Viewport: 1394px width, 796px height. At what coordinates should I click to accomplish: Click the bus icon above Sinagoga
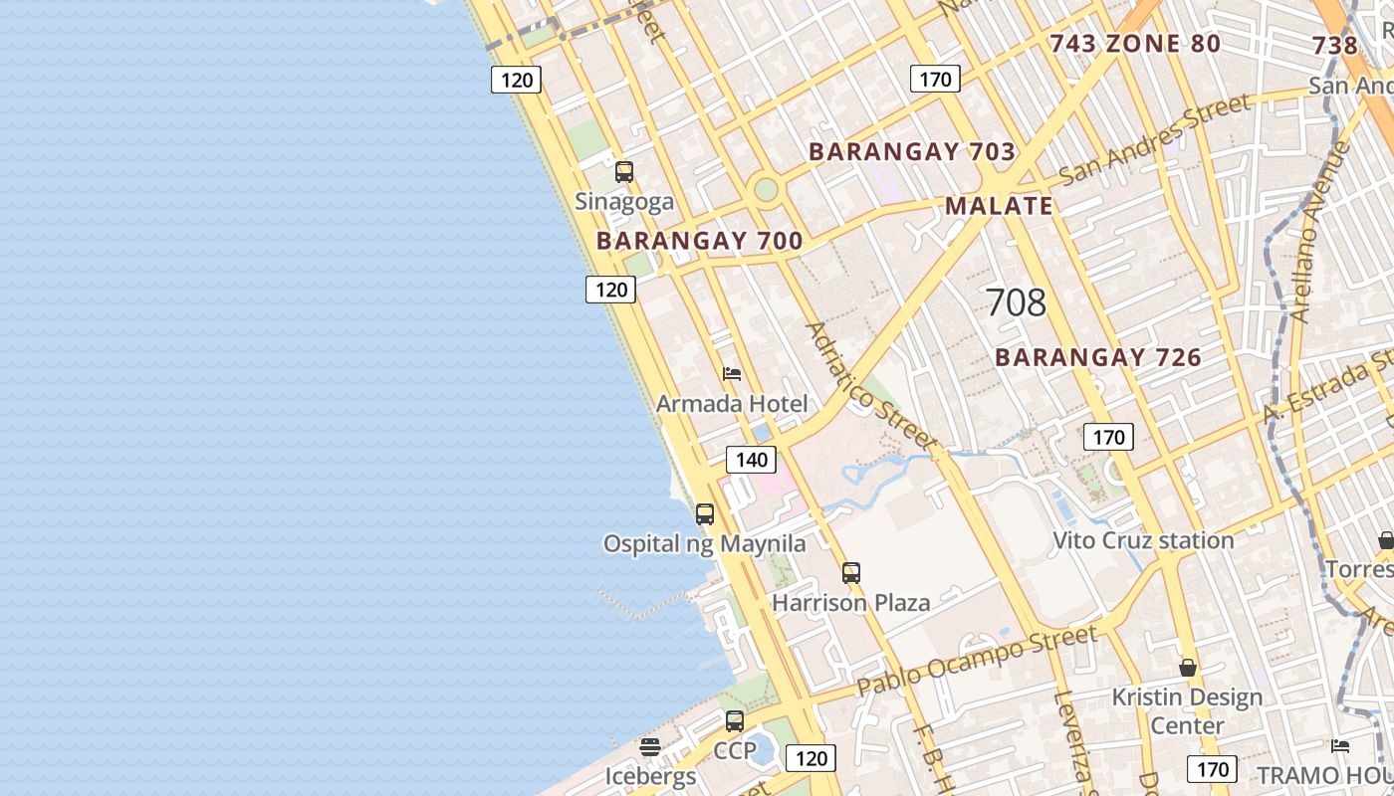pyautogui.click(x=624, y=172)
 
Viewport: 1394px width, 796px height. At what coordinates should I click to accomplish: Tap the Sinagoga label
pyautogui.click(x=624, y=202)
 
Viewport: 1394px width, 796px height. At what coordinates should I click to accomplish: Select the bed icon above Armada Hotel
pyautogui.click(x=732, y=374)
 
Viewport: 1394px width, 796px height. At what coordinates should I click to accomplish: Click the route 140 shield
pyautogui.click(x=751, y=459)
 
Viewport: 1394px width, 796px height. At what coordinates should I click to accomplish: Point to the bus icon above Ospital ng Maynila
pyautogui.click(x=705, y=514)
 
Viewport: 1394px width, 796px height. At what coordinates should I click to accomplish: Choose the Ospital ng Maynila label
pyautogui.click(x=704, y=544)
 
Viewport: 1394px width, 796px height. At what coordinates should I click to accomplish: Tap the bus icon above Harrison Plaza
pyautogui.click(x=850, y=573)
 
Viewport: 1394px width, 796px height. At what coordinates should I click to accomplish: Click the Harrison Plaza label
pyautogui.click(x=850, y=602)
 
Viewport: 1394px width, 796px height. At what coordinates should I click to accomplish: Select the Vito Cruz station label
pyautogui.click(x=1143, y=540)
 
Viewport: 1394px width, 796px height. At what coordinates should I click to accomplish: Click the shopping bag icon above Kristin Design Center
pyautogui.click(x=1187, y=668)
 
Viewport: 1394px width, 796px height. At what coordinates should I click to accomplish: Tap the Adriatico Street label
pyautogui.click(x=870, y=384)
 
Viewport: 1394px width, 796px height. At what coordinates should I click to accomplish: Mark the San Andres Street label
pyautogui.click(x=1154, y=139)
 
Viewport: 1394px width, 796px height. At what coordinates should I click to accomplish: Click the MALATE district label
pyautogui.click(x=998, y=206)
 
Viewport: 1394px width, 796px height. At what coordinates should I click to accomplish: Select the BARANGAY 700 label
pyautogui.click(x=699, y=241)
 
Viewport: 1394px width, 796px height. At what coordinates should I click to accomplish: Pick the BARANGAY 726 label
pyautogui.click(x=1098, y=357)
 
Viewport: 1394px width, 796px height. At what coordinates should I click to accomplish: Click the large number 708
pyautogui.click(x=1015, y=302)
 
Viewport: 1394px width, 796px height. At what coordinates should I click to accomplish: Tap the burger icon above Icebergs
pyautogui.click(x=650, y=746)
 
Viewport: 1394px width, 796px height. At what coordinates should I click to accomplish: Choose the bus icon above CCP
pyautogui.click(x=735, y=721)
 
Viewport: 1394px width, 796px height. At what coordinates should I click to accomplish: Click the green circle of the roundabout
pyautogui.click(x=765, y=189)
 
